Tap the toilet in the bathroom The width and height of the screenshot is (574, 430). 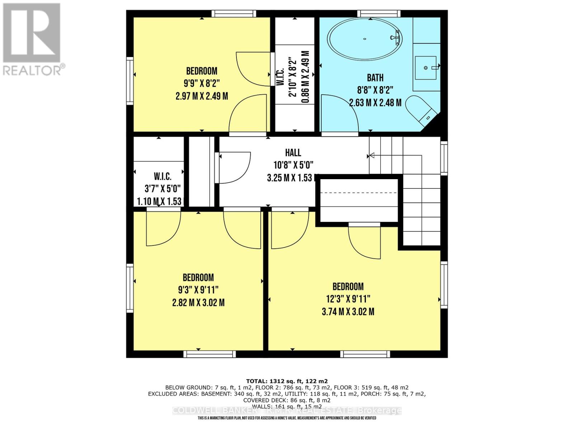point(420,109)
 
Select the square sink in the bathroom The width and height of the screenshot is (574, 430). point(426,67)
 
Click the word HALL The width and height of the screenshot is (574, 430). point(293,153)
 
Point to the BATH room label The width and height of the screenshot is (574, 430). point(375,78)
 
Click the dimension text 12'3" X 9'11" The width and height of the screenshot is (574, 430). point(348,299)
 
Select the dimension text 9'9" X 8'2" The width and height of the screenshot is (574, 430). point(202,83)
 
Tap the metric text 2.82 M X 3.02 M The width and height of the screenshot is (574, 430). point(198,303)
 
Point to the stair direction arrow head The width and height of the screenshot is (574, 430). point(372,155)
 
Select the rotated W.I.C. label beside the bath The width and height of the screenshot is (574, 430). point(281,77)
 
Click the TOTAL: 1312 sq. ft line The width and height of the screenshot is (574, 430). point(287,381)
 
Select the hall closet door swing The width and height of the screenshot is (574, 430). point(233,168)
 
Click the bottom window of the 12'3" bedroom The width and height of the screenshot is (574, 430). point(365,354)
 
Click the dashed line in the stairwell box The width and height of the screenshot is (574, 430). point(359,193)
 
